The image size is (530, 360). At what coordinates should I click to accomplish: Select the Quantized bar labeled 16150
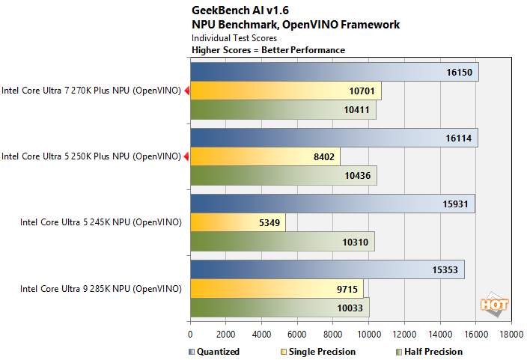(x=334, y=73)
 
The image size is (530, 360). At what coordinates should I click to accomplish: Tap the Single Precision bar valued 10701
(x=286, y=91)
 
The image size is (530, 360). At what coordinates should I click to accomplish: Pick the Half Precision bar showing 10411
(x=283, y=110)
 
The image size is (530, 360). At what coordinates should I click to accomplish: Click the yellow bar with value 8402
(x=265, y=157)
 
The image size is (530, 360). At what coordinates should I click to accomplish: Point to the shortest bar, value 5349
(x=238, y=222)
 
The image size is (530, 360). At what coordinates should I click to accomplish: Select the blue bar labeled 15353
(x=327, y=269)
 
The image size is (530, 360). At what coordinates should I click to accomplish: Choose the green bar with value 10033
(x=280, y=307)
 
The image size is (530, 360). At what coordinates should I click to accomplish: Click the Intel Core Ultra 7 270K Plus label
(x=91, y=91)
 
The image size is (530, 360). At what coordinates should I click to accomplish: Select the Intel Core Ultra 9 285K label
(x=100, y=288)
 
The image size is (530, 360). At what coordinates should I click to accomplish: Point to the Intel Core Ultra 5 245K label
(x=100, y=222)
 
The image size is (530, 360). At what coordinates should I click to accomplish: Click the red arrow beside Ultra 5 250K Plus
(x=186, y=157)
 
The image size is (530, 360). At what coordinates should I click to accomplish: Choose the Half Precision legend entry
(x=427, y=352)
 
